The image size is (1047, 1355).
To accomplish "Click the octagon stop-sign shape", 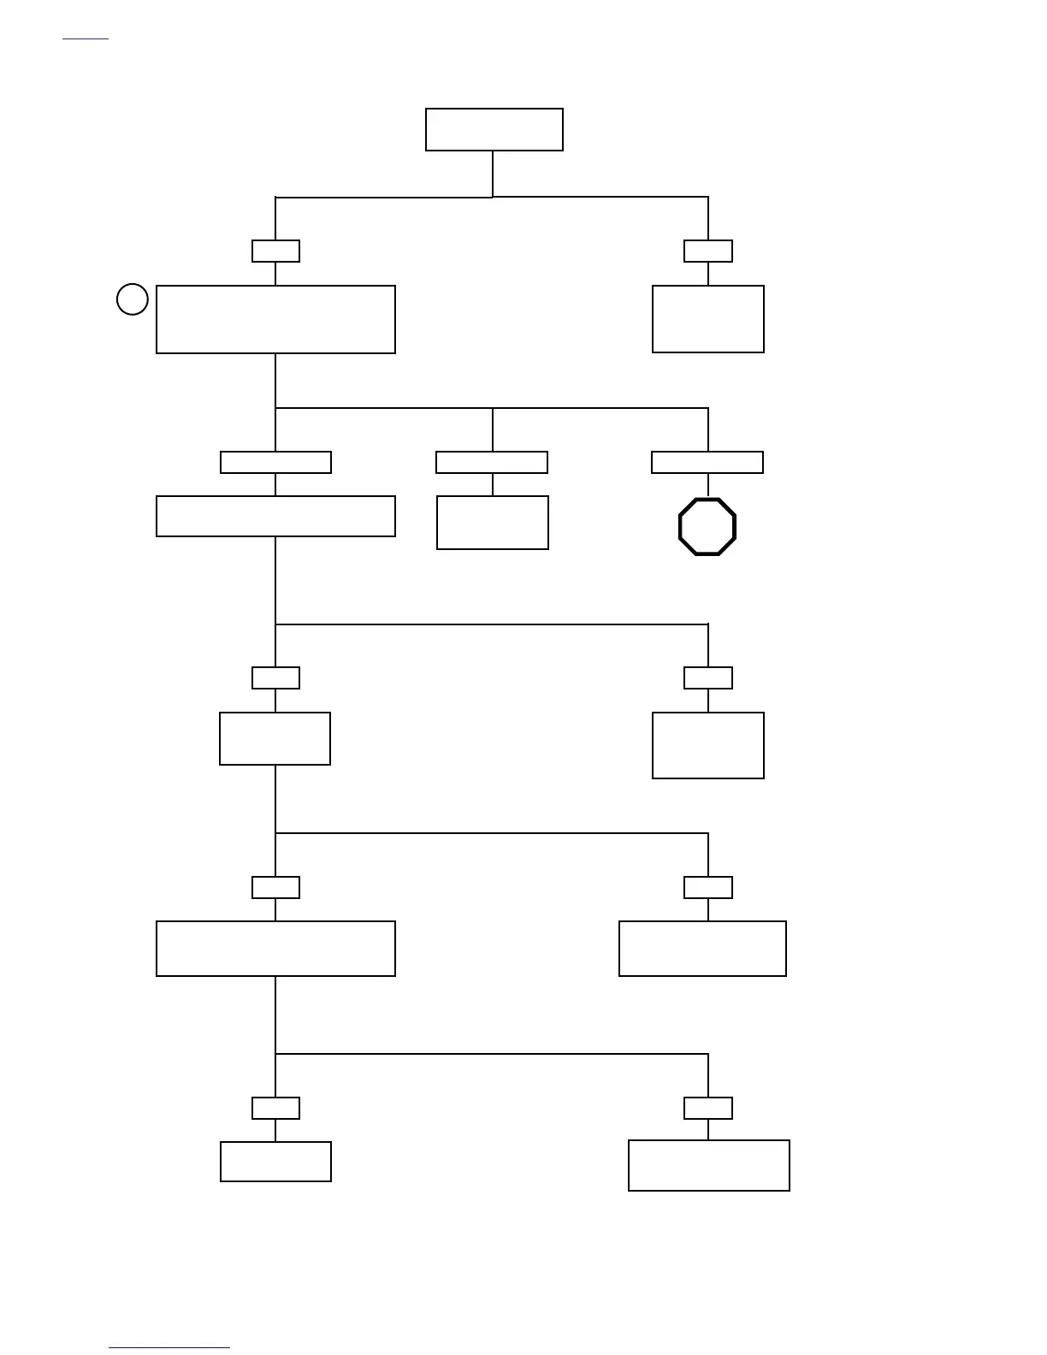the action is (x=707, y=527).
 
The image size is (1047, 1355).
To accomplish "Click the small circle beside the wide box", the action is (x=132, y=299).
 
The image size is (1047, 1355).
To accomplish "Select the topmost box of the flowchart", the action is (x=494, y=129).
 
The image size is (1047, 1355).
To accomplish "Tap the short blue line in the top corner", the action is (x=86, y=38).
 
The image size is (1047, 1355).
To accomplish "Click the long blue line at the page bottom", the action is (x=169, y=1347).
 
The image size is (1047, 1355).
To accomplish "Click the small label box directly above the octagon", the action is (x=707, y=462).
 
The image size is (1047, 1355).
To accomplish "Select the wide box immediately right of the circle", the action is (x=275, y=319).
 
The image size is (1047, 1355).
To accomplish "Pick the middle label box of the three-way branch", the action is (x=492, y=462).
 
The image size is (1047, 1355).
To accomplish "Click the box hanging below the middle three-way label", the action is (x=493, y=523).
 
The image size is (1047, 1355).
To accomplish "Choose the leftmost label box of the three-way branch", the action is (x=275, y=462).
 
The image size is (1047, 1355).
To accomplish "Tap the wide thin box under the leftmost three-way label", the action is (x=275, y=516).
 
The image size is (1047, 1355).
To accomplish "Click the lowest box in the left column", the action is (x=275, y=1161).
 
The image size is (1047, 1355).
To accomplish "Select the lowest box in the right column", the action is (x=709, y=1165).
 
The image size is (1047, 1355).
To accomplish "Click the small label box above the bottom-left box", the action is (x=275, y=1108).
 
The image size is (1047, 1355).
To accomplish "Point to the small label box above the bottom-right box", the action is (x=708, y=1108).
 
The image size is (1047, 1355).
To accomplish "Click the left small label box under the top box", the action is (x=275, y=251).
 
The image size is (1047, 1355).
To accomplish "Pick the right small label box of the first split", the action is (x=708, y=251).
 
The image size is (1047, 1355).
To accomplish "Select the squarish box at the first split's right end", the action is (x=708, y=319).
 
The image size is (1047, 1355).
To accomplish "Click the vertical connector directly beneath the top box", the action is (x=493, y=174).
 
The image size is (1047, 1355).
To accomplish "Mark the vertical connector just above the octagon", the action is (x=708, y=485).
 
